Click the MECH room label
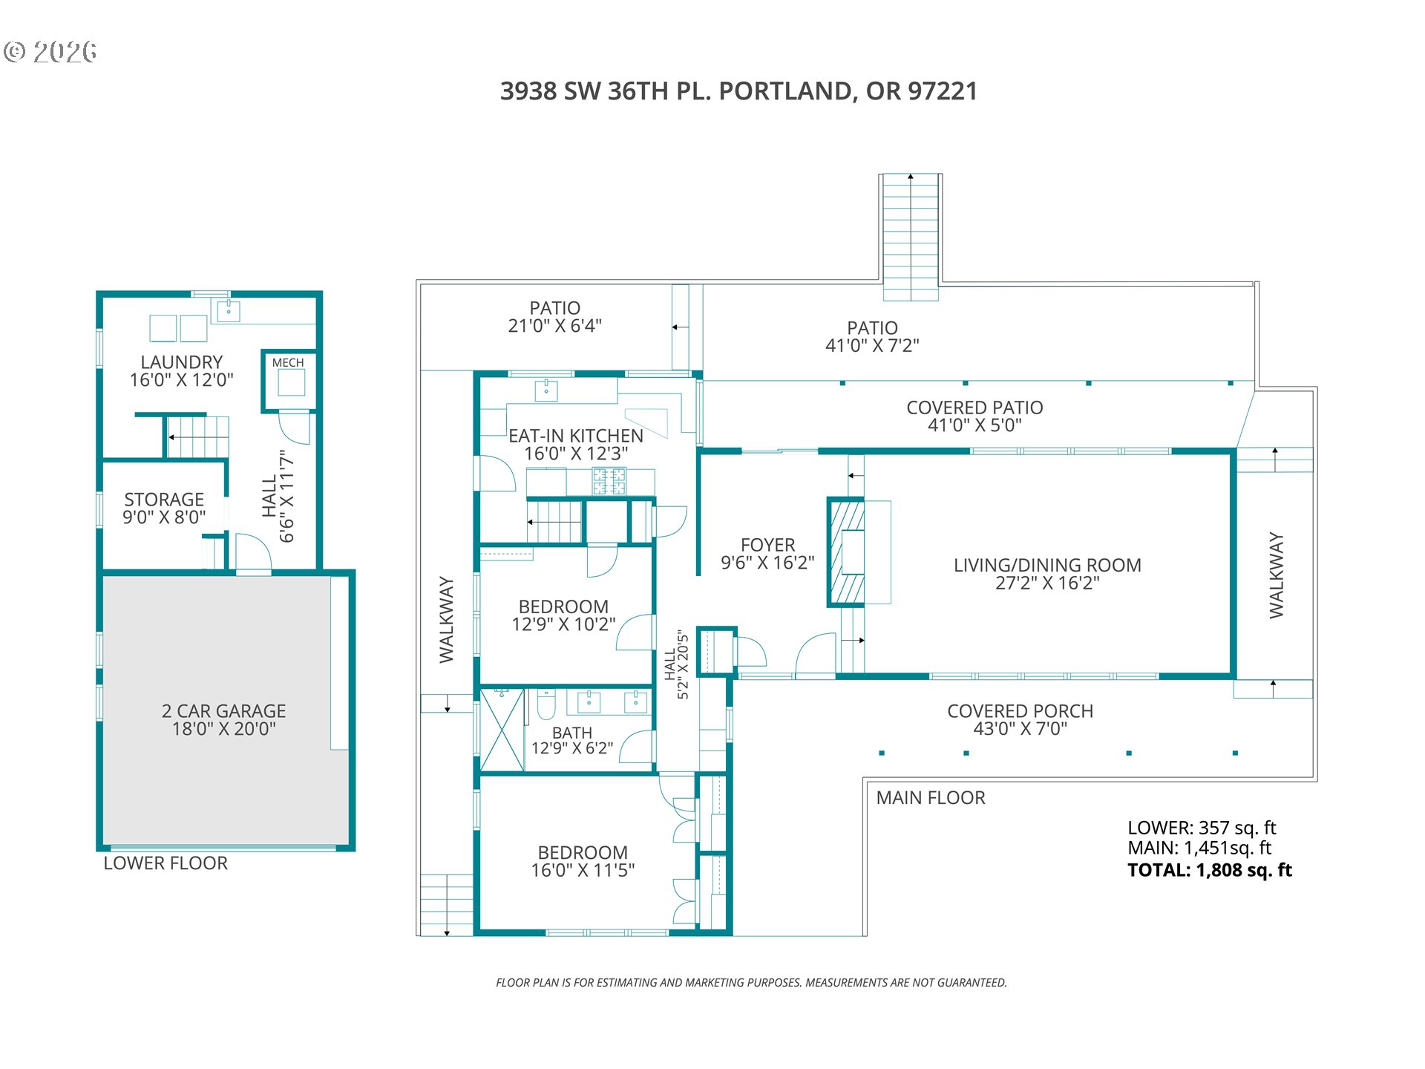288,363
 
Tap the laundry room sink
229,310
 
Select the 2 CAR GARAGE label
223,711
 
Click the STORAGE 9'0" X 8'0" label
164,509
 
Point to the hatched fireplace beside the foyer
846,552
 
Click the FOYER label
767,546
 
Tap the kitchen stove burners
609,481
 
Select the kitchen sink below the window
546,390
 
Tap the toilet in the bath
546,705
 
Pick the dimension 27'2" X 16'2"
1047,583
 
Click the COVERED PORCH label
1020,711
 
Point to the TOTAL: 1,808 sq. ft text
1209,870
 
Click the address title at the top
738,91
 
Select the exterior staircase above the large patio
911,236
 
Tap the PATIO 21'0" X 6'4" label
554,317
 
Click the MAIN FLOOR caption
930,798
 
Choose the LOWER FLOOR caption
166,863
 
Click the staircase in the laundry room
197,437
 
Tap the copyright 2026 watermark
50,52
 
